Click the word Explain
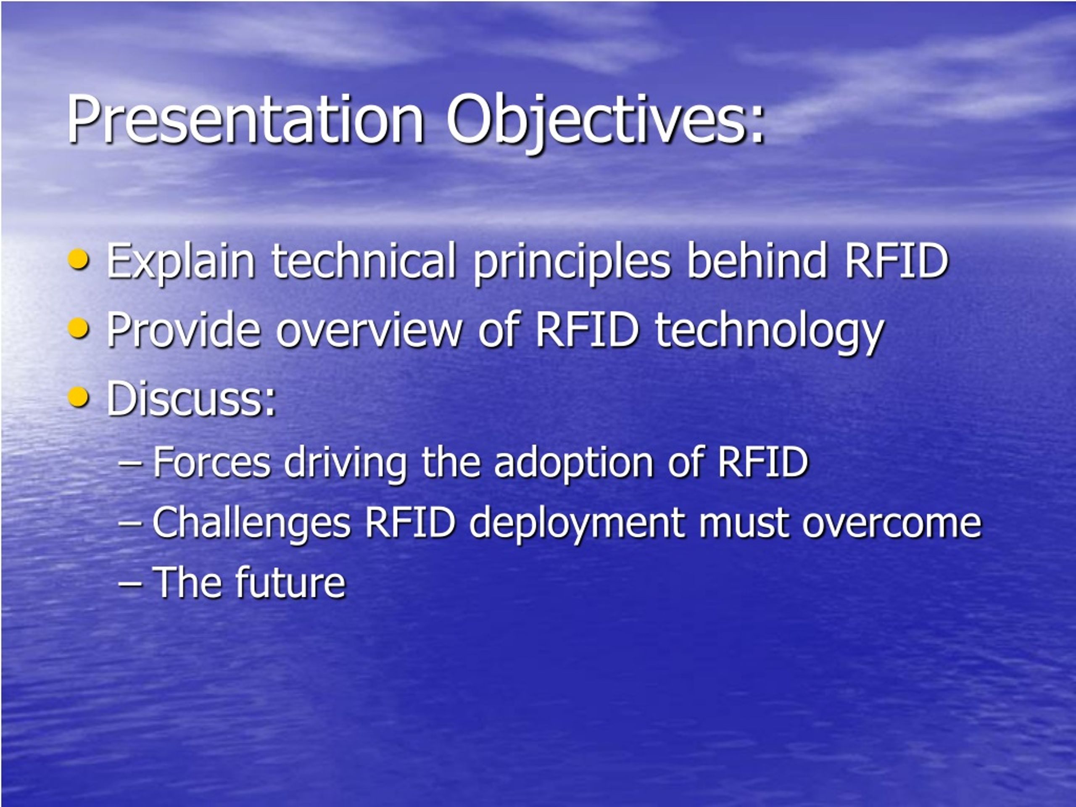pos(180,263)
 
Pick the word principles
pos(572,263)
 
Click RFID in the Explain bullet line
pos(896,261)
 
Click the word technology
pos(769,332)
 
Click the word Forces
pos(211,462)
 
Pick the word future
pos(290,582)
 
